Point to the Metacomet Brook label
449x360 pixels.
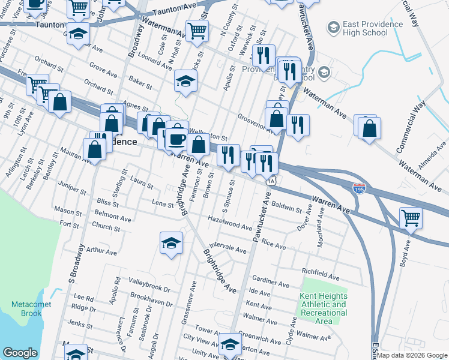click(31, 308)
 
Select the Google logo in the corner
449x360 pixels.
click(20, 353)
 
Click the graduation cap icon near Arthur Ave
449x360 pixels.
click(172, 243)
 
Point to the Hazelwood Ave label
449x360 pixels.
click(229, 223)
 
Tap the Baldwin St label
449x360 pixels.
click(287, 208)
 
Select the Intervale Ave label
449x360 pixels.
click(228, 248)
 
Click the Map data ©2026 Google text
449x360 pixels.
click(412, 355)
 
